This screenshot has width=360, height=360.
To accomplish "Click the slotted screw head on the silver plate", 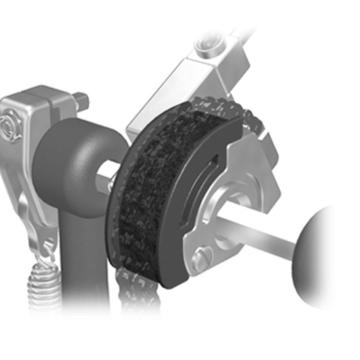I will (x=203, y=258).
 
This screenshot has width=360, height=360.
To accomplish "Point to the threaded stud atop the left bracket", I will (x=81, y=101).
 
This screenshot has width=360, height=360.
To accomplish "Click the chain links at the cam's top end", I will (x=225, y=105).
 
